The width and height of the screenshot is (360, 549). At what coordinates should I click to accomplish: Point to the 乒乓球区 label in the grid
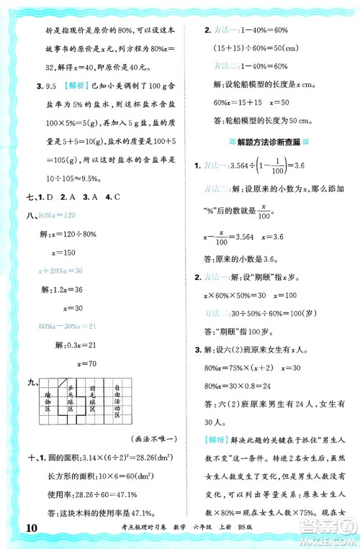(71, 396)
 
